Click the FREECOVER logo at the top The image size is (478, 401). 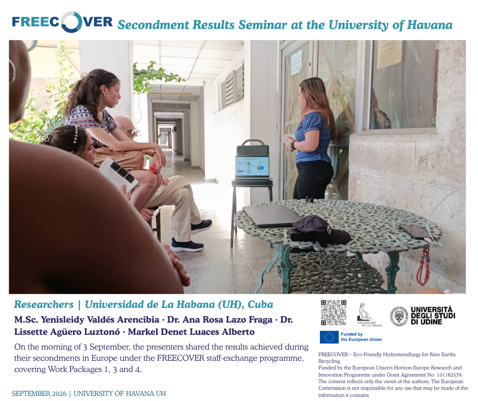[62, 22]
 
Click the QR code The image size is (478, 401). [334, 312]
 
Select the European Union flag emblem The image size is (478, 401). [329, 337]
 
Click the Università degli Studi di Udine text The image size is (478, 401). [433, 316]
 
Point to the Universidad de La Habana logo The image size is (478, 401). [369, 315]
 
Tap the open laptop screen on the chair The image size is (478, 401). [252, 166]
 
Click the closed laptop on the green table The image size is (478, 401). [272, 215]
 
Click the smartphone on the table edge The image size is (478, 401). [415, 232]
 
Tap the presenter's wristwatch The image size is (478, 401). [293, 145]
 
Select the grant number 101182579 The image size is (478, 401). [447, 375]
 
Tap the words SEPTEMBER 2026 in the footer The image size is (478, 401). [39, 394]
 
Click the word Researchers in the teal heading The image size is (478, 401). [44, 304]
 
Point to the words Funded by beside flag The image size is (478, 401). [351, 334]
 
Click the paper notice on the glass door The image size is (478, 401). [296, 62]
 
